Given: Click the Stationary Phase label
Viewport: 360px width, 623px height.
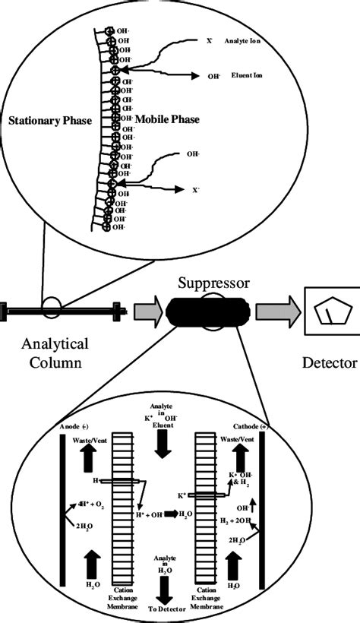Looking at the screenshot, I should click(x=51, y=122).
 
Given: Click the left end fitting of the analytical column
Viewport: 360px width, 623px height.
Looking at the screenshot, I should click(x=6, y=310).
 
